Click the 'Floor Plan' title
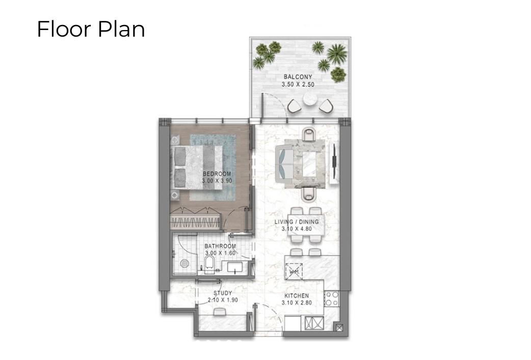[x=91, y=29]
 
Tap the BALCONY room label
[x=298, y=77]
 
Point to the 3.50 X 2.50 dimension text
[x=298, y=85]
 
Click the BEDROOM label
[x=217, y=174]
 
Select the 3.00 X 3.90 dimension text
[x=217, y=181]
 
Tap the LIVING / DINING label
[x=297, y=222]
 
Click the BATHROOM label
[x=220, y=246]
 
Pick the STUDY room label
[x=223, y=293]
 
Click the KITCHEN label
[x=297, y=296]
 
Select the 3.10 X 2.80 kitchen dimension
[x=297, y=303]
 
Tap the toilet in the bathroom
[x=209, y=264]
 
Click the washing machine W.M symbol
[x=294, y=271]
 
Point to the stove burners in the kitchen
[x=332, y=299]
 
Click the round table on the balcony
[x=310, y=99]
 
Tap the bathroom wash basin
[x=235, y=267]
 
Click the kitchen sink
[x=314, y=323]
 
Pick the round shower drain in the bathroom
[x=184, y=264]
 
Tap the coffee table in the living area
[x=309, y=164]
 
